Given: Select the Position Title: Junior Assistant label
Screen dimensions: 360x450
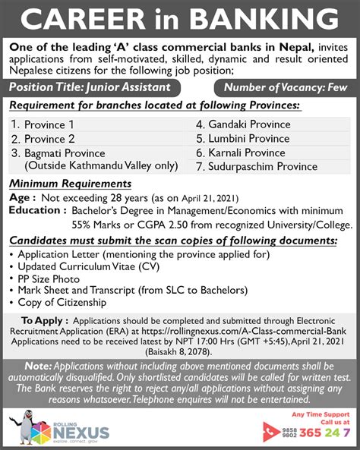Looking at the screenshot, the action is coord(95,87).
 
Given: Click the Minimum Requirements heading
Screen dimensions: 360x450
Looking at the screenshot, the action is coord(70,184).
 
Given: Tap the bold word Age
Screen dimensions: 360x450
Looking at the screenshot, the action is coord(21,197).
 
